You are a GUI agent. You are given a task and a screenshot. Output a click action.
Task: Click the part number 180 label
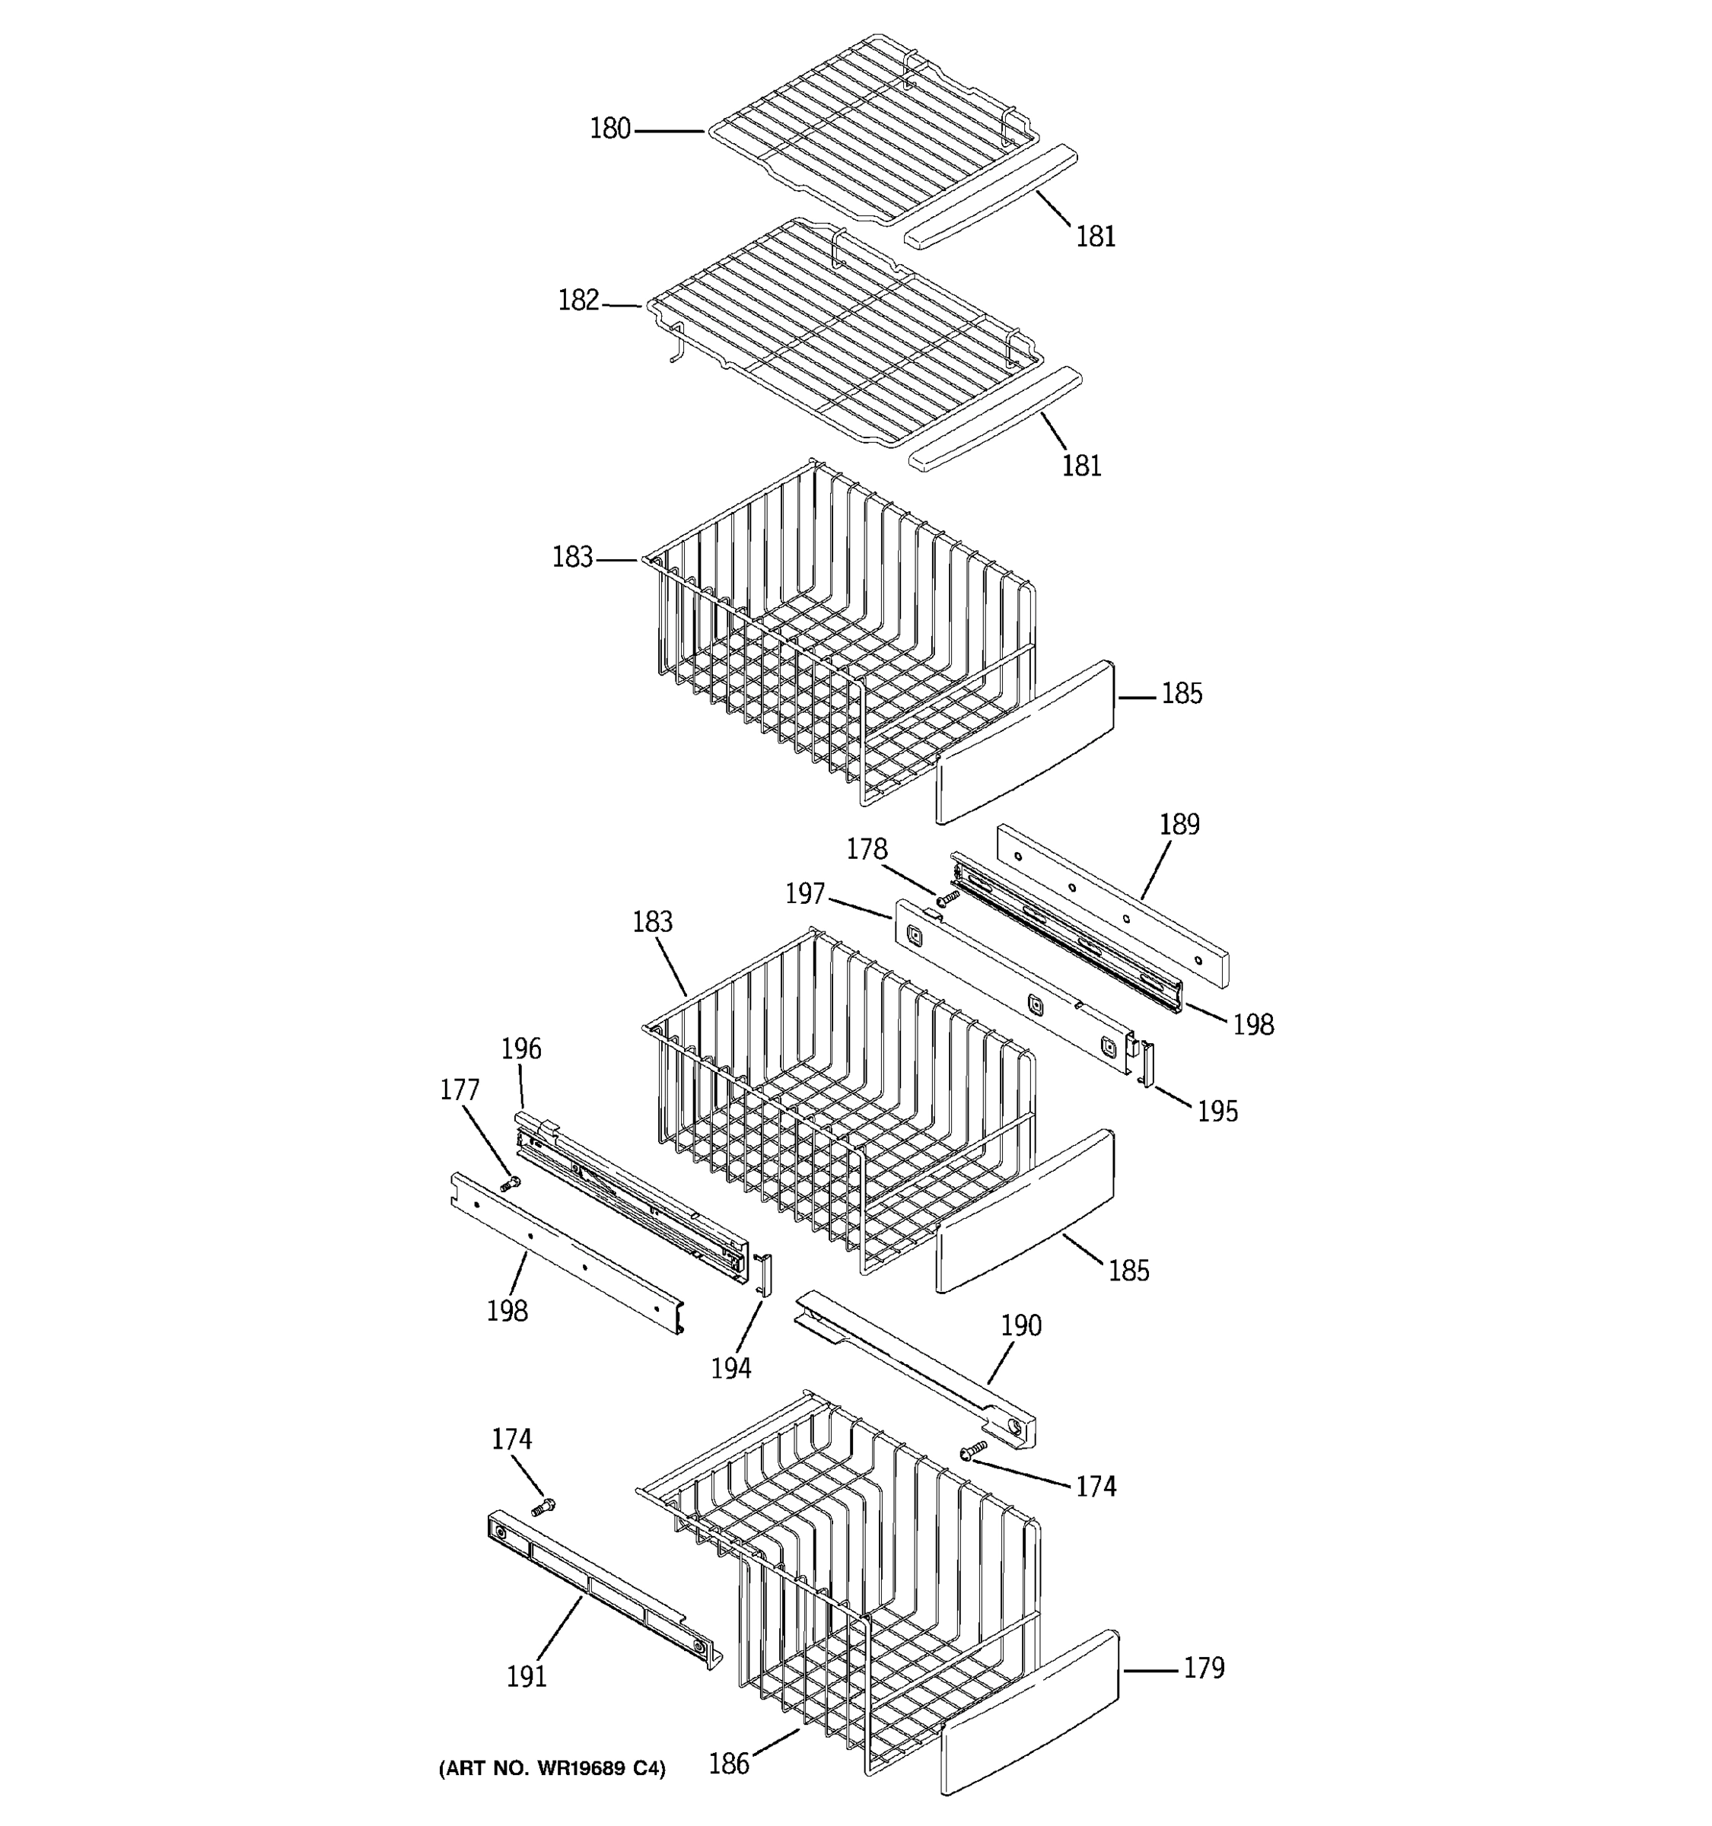coord(610,129)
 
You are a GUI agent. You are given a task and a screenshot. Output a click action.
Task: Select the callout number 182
coord(578,301)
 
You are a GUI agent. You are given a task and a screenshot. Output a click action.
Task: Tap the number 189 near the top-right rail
coord(1179,824)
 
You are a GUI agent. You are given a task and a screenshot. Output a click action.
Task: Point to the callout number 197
coord(804,894)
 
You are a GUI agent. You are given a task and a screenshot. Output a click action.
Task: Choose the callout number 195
coord(1217,1112)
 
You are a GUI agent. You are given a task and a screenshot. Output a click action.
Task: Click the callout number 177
coord(460,1090)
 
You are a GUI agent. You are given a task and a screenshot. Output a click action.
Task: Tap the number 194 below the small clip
coord(731,1369)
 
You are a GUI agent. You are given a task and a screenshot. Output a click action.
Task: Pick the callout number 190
coord(1020,1325)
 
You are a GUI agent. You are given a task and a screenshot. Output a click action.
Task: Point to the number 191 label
coord(527,1676)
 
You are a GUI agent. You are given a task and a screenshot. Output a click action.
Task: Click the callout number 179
coord(1203,1667)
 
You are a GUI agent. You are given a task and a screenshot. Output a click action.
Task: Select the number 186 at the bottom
coord(728,1764)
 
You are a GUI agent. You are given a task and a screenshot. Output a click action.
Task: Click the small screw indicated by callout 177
coord(510,1184)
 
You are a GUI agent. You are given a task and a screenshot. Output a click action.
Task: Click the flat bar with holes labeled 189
coord(1113,902)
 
